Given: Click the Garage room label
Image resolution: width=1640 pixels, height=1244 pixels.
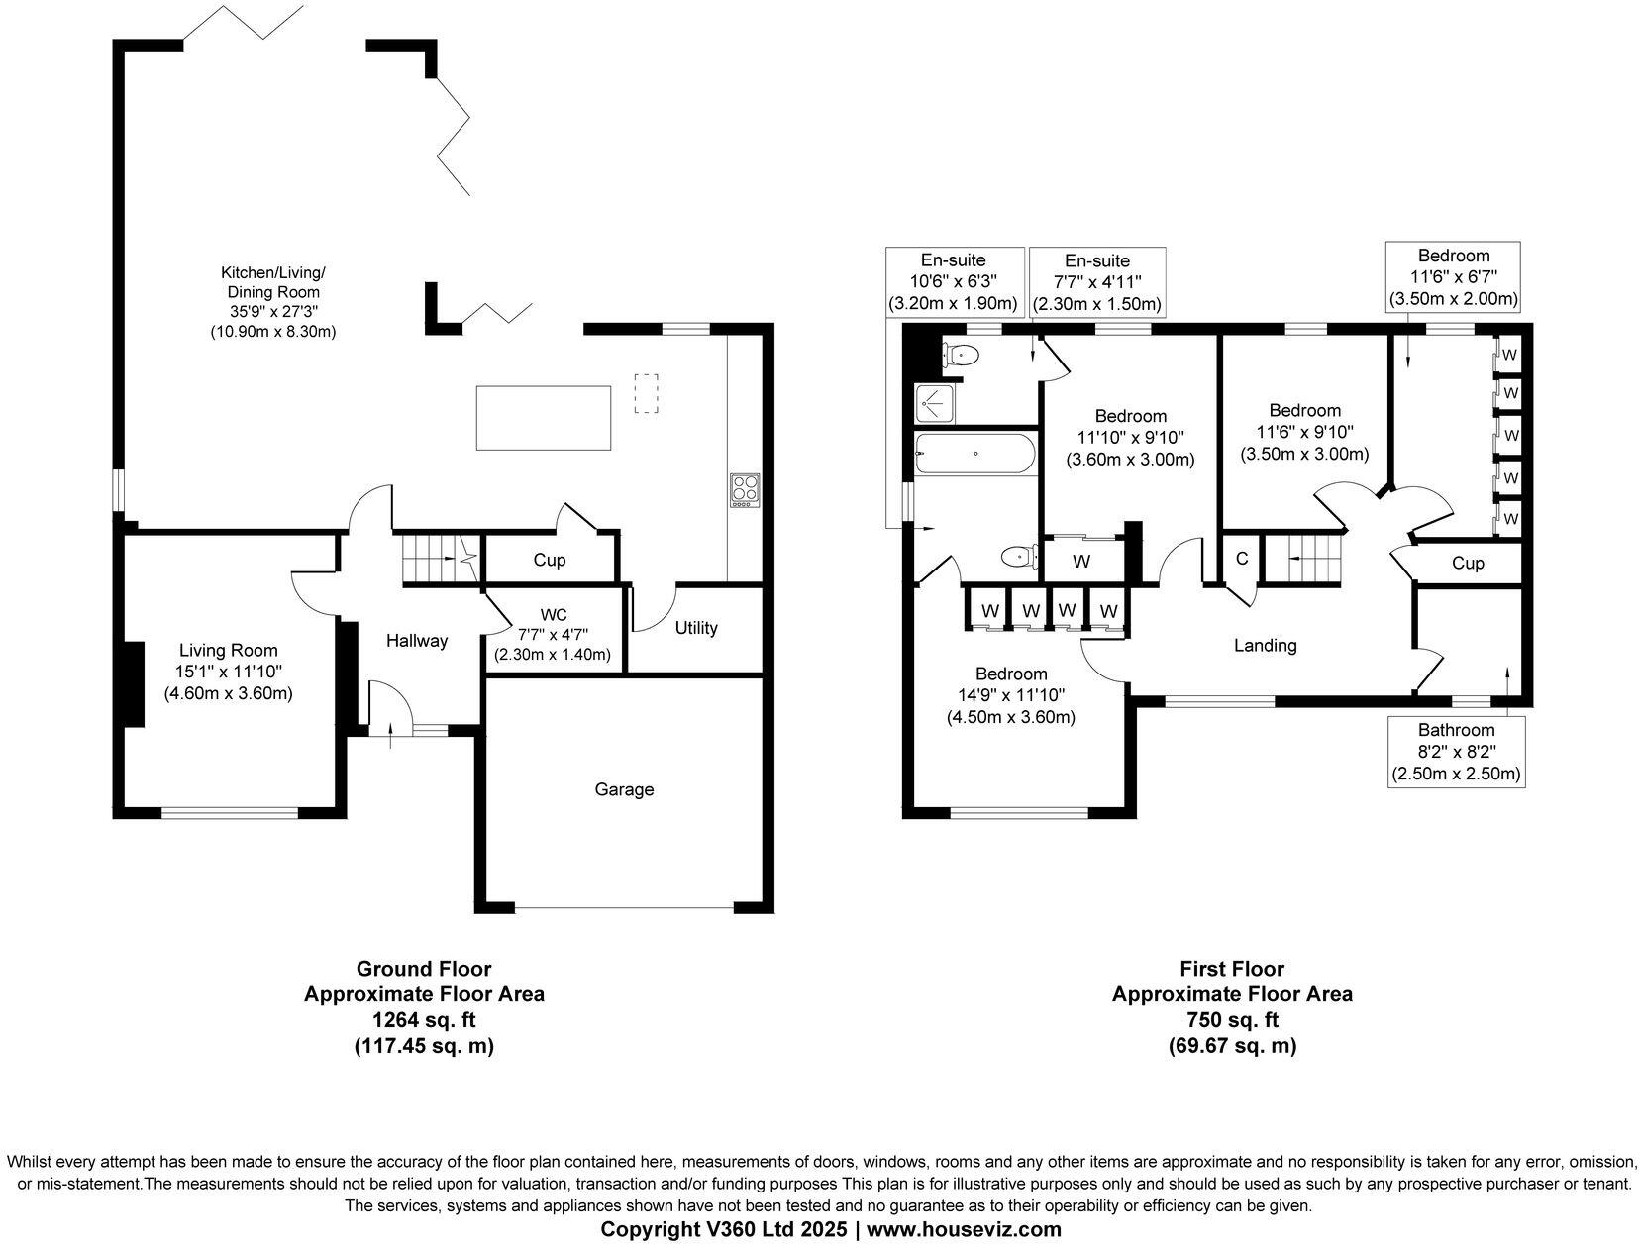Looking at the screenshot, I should click(x=624, y=789).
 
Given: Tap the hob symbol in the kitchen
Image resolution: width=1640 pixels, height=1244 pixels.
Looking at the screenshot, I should click(x=744, y=490).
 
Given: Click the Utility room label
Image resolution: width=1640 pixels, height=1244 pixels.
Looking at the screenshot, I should click(x=696, y=628).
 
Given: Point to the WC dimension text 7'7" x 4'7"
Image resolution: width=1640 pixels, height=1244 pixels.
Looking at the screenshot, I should click(x=553, y=635).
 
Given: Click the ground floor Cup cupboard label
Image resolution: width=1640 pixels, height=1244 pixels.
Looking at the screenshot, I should click(x=549, y=560).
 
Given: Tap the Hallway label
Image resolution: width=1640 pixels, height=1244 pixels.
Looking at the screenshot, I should click(x=416, y=641).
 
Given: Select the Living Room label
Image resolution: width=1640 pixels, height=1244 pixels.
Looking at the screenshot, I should click(x=228, y=651).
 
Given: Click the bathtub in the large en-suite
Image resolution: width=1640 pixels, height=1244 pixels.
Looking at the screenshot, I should click(x=975, y=455).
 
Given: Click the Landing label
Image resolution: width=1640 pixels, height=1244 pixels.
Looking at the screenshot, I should click(x=1265, y=646).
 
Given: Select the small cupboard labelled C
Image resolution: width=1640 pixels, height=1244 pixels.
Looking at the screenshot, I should click(x=1241, y=559).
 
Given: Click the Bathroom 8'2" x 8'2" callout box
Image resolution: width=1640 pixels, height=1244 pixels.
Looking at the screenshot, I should click(x=1456, y=752).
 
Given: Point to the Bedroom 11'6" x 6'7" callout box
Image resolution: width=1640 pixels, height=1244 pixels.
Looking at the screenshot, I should click(x=1453, y=277).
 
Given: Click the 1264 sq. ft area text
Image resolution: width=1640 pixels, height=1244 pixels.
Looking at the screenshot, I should click(x=424, y=1019).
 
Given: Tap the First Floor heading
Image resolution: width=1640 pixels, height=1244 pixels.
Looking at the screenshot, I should click(x=1231, y=969).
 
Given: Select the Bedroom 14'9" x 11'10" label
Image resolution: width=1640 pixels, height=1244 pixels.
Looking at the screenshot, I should click(x=1010, y=674).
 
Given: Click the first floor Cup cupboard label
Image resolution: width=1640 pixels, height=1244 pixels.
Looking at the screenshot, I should click(x=1468, y=563).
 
